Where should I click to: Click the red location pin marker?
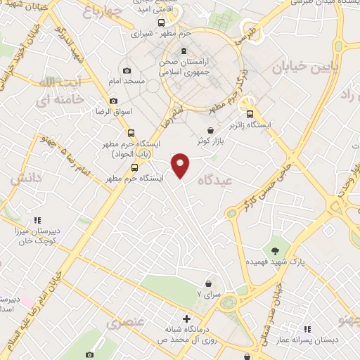click(x=181, y=165)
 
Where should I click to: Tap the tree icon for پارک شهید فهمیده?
click(x=276, y=250)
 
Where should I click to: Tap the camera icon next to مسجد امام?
click(x=127, y=71)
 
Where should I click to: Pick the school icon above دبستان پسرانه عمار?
click(x=307, y=328)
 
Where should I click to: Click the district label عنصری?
click(x=124, y=323)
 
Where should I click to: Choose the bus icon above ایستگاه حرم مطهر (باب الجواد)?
click(x=131, y=133)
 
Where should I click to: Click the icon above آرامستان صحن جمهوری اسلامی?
click(x=184, y=51)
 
